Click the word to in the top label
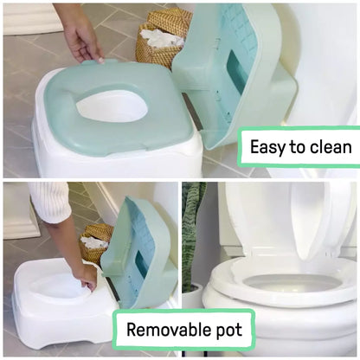coord(297,147)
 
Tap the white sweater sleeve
coord(48,201)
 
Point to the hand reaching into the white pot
coord(85,275)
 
